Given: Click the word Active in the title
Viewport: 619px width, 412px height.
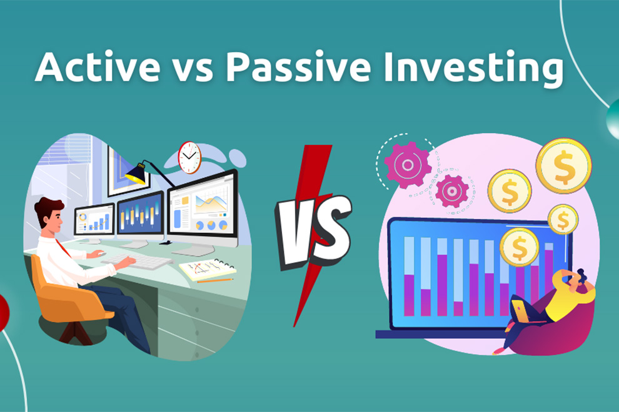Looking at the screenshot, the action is click(98, 66).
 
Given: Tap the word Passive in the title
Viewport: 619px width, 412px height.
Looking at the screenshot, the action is click(298, 66).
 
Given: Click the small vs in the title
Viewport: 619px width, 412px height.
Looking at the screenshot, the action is click(193, 71).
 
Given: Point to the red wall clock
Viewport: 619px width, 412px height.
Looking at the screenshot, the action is click(189, 157).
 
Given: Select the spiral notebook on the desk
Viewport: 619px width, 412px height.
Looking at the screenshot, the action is click(208, 269).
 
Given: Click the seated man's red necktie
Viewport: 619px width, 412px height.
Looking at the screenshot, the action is click(63, 248).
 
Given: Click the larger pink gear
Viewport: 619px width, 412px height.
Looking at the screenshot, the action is click(408, 164).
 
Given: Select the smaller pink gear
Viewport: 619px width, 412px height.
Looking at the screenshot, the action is click(452, 191).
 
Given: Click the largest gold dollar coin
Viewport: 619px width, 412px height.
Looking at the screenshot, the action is click(563, 165).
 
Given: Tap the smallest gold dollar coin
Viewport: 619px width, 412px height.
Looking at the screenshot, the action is click(563, 220).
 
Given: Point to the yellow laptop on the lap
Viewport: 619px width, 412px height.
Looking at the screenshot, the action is click(521, 311).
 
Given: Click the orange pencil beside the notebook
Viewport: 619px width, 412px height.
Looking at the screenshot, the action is click(215, 281).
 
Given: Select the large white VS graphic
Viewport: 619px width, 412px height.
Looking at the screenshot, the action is click(313, 232).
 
